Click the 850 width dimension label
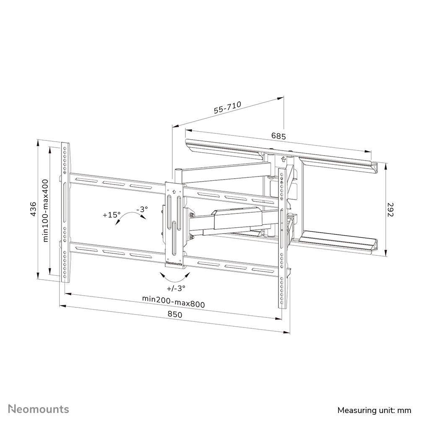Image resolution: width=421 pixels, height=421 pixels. pos(175,314)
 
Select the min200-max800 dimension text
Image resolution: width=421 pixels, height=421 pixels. pos(173,301)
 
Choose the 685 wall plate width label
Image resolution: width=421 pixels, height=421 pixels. pos(278,136)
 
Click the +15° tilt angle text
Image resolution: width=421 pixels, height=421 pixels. pos(111,215)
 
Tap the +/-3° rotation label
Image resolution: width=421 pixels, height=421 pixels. pos(176,288)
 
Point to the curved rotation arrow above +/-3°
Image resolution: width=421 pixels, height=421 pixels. pos(176,277)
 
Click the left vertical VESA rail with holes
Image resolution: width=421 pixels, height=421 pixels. pos(65,212)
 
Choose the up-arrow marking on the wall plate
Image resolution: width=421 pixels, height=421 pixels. pos(283,159)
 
